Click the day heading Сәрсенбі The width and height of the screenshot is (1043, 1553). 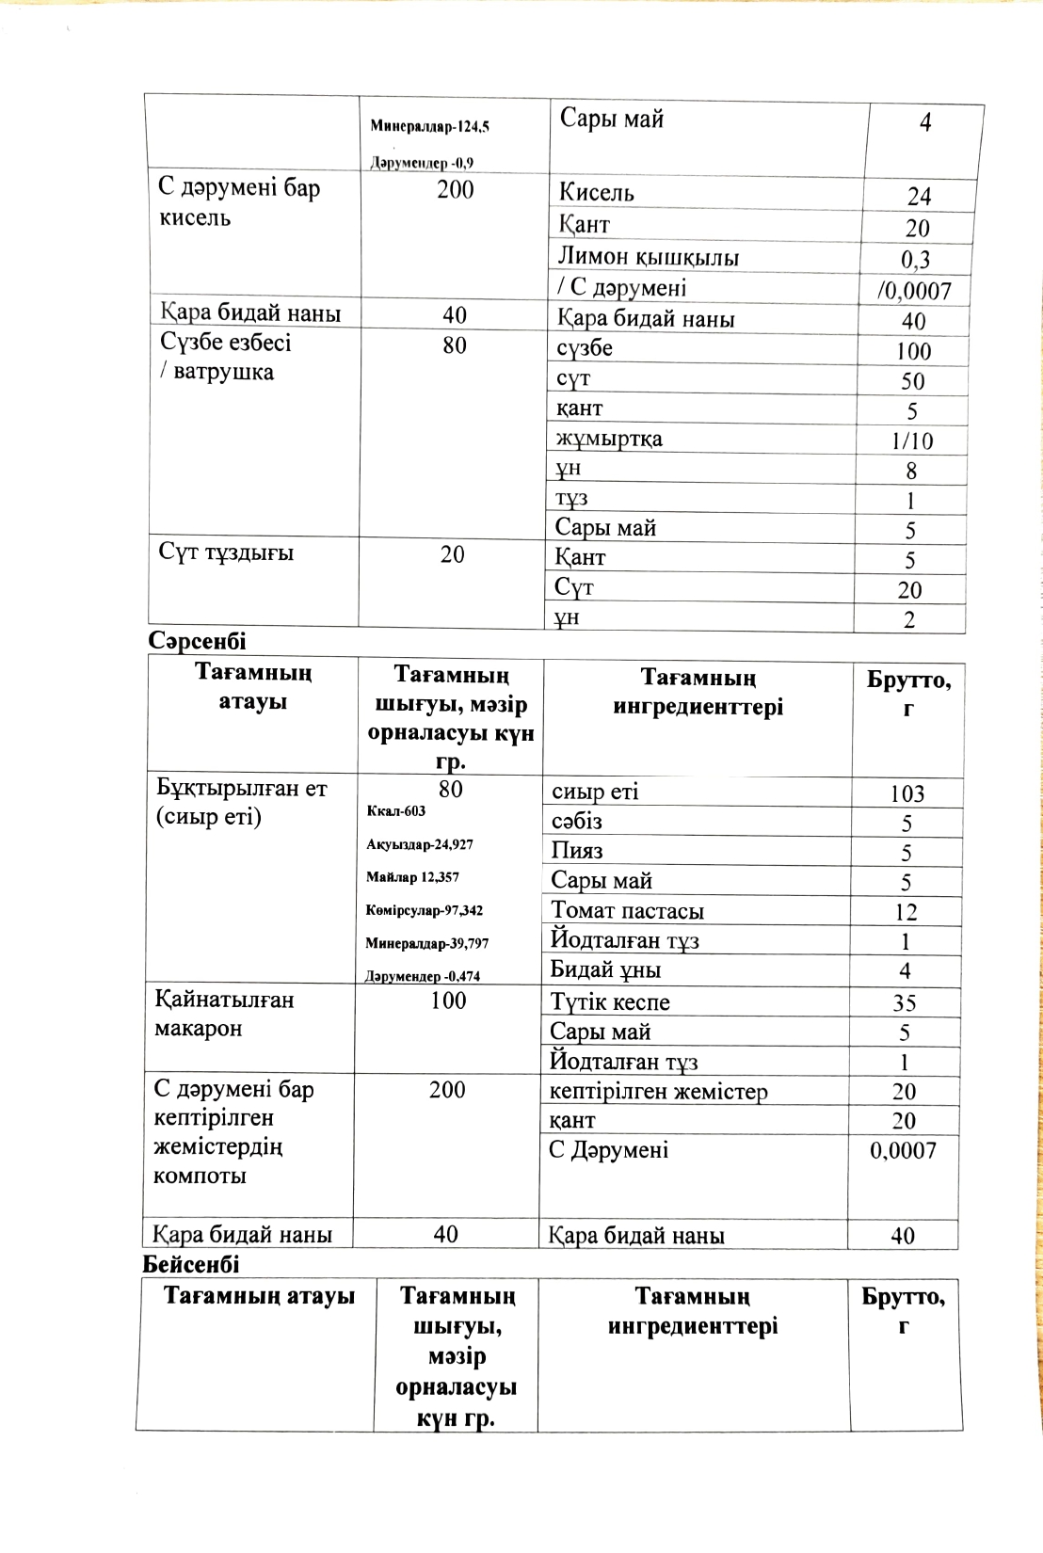[197, 641]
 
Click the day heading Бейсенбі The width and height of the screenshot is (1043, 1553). [191, 1264]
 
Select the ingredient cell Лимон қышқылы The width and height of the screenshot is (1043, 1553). [648, 257]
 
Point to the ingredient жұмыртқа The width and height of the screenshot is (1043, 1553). [608, 439]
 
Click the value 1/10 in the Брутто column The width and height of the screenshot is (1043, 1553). [912, 440]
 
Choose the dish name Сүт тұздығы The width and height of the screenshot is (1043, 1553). [226, 552]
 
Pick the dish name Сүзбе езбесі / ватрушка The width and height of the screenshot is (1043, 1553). [225, 357]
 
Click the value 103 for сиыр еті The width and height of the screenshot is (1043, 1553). [907, 793]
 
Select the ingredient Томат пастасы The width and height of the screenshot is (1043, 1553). [627, 910]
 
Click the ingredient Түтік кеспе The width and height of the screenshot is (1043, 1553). [610, 1002]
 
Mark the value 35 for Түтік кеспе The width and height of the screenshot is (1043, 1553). [905, 1003]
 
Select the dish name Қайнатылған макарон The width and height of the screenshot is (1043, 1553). [224, 1014]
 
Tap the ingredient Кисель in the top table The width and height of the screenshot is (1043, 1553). [596, 193]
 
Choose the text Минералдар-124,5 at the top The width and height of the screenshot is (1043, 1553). [429, 126]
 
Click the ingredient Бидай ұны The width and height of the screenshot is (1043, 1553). [605, 969]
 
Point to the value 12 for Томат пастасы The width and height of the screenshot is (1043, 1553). [906, 911]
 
